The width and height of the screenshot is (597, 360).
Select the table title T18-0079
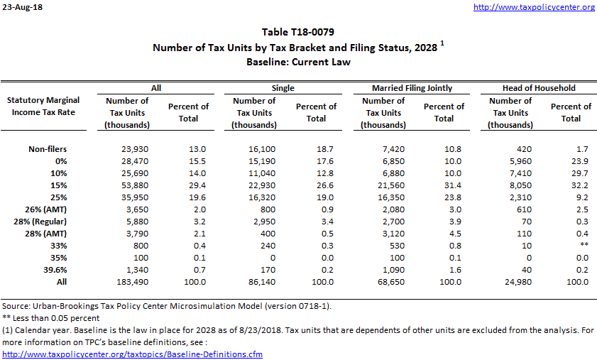[x=298, y=32]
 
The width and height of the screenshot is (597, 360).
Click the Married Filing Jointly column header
[x=412, y=88]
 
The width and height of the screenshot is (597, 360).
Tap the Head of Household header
[x=542, y=88]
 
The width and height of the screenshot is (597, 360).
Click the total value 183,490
[x=132, y=283]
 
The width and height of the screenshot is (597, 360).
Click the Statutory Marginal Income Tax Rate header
[x=43, y=106]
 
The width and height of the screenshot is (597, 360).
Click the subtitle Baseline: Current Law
[x=298, y=62]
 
